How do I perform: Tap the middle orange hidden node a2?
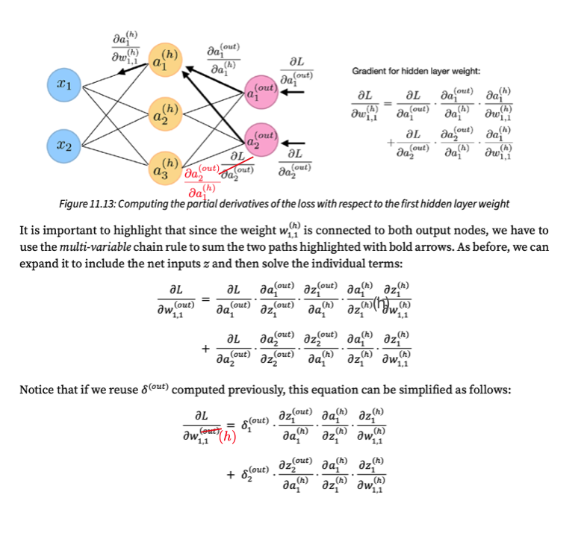167,115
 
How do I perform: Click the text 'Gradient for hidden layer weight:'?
416,72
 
